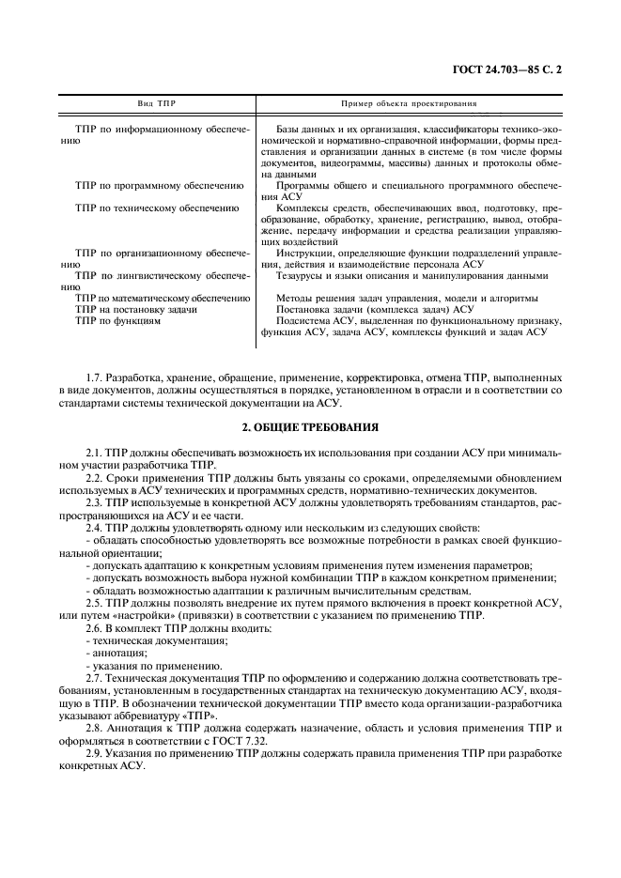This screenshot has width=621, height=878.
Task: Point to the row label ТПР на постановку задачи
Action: [x=136, y=309]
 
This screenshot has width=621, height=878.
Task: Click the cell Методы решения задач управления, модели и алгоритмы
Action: [x=407, y=298]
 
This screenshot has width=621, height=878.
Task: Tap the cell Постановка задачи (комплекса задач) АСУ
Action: [x=376, y=309]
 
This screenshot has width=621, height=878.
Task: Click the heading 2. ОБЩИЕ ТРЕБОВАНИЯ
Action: [x=310, y=427]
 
